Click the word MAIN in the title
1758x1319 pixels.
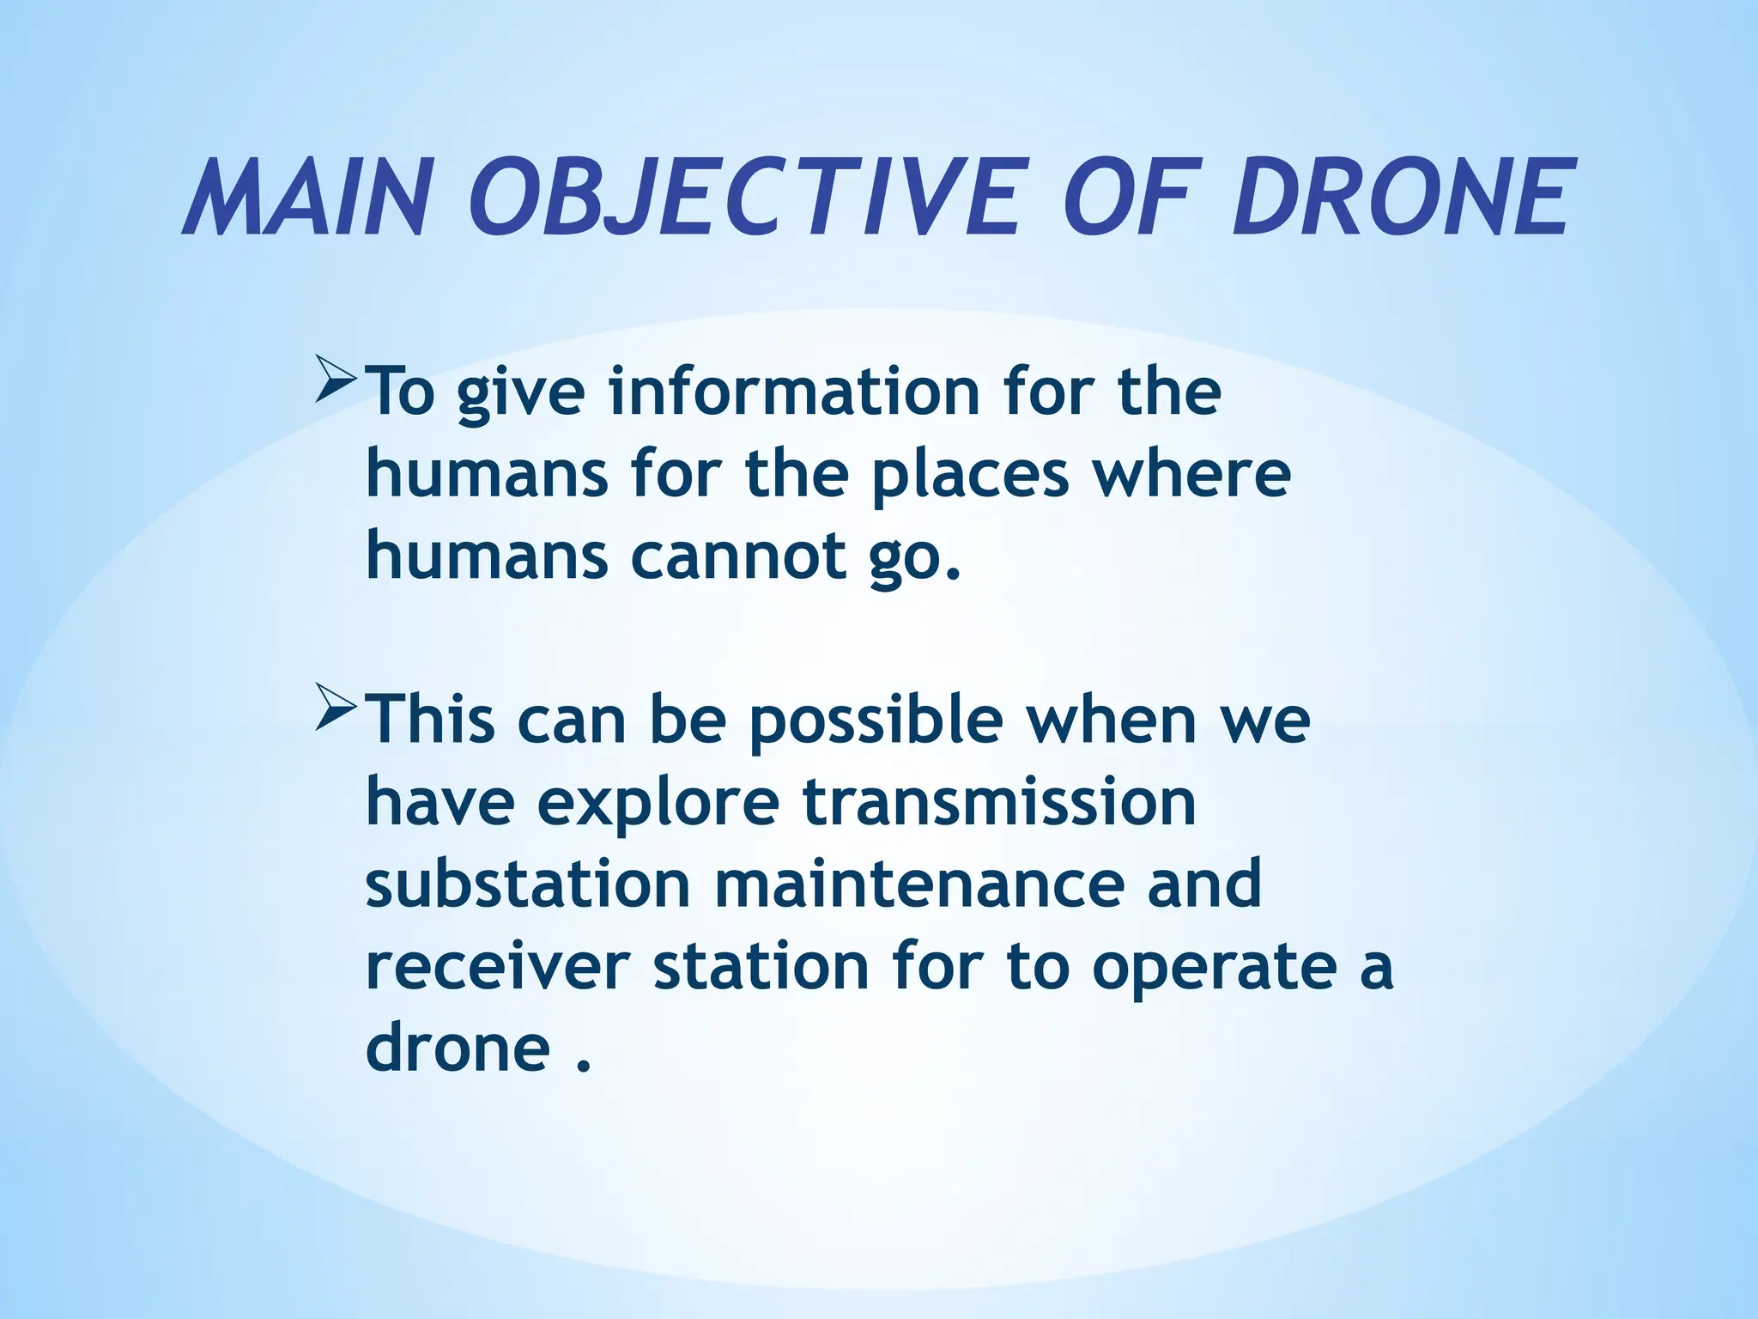pos(305,198)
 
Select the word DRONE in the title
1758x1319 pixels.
pos(1403,198)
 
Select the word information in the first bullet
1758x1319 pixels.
pos(794,392)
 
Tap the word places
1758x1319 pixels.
pos(970,475)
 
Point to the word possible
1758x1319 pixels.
pos(876,721)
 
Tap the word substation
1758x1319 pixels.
pos(528,884)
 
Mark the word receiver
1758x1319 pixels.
pos(498,966)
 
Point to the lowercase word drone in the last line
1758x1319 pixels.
pos(457,1048)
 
